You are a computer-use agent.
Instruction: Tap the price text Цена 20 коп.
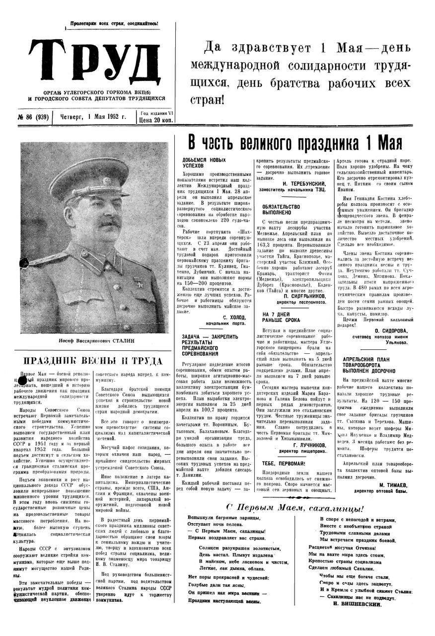(157, 120)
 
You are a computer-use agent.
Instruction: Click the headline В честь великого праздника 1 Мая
(294, 143)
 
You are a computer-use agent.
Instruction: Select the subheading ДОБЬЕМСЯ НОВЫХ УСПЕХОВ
(204, 162)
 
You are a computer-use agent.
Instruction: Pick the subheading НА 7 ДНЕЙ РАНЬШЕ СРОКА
(281, 317)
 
